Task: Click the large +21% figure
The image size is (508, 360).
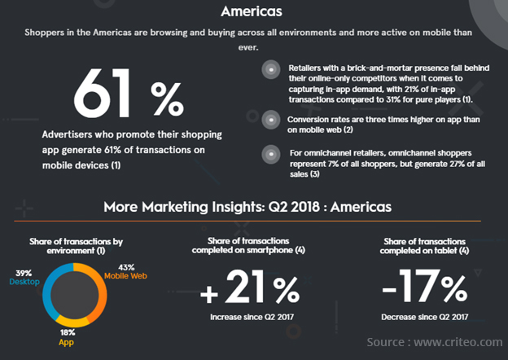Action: pos(251,290)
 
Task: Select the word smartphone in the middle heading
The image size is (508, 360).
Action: pos(275,249)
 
